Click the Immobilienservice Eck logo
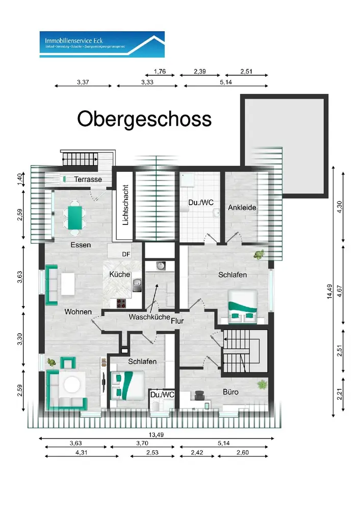[x=102, y=44]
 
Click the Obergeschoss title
[x=144, y=119]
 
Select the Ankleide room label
[x=242, y=208]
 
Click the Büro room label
[x=230, y=392]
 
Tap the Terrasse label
[x=88, y=180]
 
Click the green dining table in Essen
[x=75, y=217]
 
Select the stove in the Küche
[x=122, y=303]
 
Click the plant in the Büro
[x=263, y=384]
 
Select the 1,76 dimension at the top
[x=160, y=72]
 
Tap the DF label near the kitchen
[x=125, y=253]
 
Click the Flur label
[x=177, y=321]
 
